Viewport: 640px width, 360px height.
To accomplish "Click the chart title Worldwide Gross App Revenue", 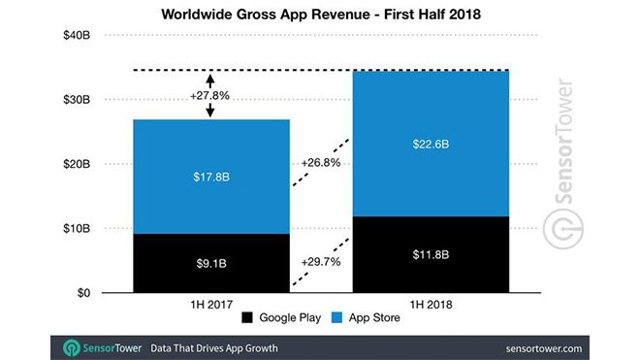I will pyautogui.click(x=321, y=15).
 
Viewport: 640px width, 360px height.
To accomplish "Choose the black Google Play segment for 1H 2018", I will pyautogui.click(x=431, y=254).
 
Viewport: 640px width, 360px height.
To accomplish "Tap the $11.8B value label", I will pyautogui.click(x=431, y=255).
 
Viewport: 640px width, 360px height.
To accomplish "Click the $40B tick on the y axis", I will pyautogui.click(x=77, y=37).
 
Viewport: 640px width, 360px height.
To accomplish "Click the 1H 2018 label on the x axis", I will pyautogui.click(x=431, y=305).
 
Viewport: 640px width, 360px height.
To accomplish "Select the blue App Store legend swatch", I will pyautogui.click(x=336, y=319).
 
